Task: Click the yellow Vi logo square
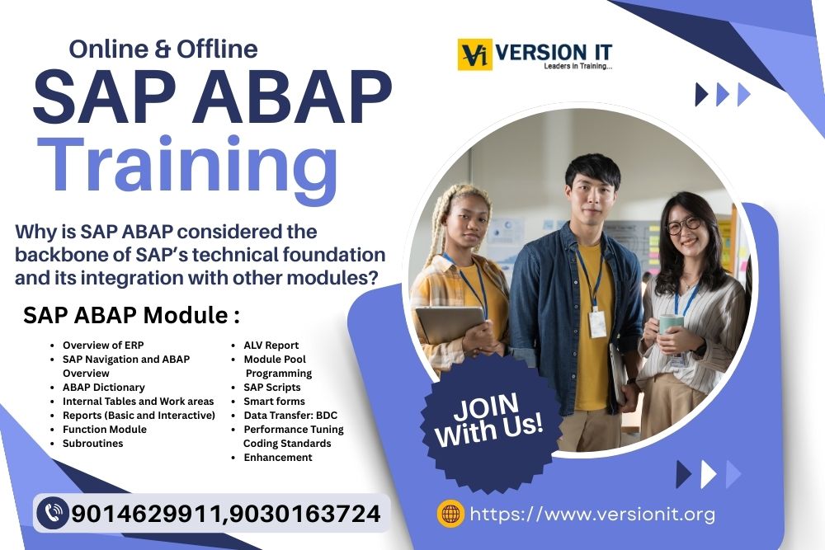475,54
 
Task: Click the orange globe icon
450,514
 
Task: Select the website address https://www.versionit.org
592,515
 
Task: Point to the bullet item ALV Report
271,346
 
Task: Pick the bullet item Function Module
104,430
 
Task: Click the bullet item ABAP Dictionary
103,388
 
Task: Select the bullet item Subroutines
92,444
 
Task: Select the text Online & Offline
163,49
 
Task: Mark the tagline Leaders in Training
577,67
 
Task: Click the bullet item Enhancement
277,458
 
